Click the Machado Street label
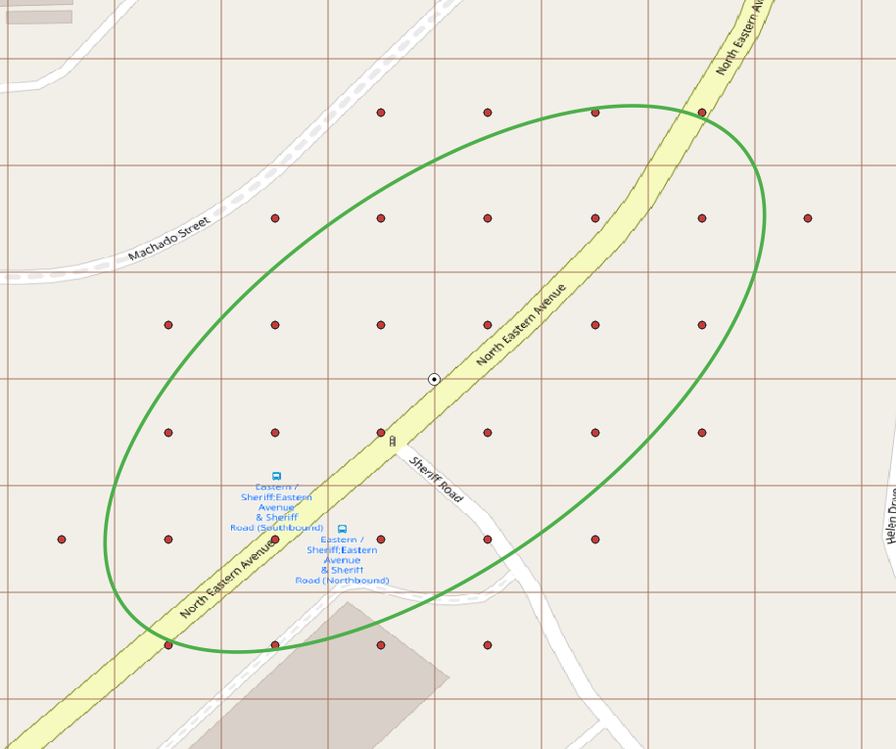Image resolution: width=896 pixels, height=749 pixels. [x=169, y=241]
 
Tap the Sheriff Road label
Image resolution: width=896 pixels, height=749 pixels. [x=436, y=479]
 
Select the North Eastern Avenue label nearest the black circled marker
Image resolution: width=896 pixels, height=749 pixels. [x=521, y=325]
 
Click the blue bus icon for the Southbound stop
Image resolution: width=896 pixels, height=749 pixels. [x=276, y=476]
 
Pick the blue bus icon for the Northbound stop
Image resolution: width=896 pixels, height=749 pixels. [x=342, y=529]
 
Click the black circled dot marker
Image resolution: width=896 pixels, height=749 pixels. [x=434, y=379]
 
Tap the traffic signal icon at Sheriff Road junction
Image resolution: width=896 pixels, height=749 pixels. [x=393, y=442]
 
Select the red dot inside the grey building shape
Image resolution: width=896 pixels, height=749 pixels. [x=381, y=645]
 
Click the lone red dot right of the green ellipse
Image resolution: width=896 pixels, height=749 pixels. [x=808, y=218]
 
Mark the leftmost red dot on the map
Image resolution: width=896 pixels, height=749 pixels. [x=62, y=539]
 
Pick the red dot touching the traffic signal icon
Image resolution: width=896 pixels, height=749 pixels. [x=381, y=432]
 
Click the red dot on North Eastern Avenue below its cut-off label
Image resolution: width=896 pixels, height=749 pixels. [x=702, y=113]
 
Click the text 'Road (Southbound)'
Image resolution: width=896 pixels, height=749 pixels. [x=276, y=528]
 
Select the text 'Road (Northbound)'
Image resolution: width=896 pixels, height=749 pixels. [x=342, y=581]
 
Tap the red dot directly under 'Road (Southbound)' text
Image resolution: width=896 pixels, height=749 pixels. [x=275, y=539]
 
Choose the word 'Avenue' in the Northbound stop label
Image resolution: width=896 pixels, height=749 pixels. [x=342, y=560]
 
